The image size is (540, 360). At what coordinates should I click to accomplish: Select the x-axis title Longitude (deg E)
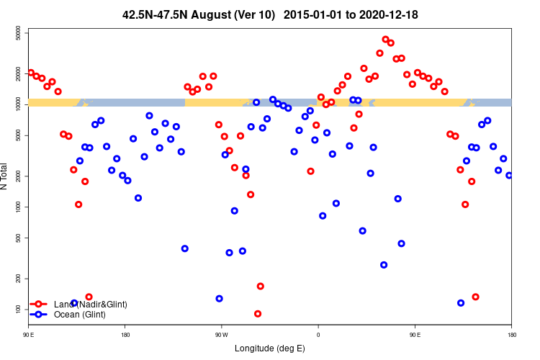point(270,348)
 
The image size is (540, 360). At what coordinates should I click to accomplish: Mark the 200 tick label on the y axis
point(22,278)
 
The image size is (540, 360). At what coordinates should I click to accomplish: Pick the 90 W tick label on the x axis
point(221,335)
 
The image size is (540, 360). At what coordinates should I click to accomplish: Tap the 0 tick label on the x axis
point(318,335)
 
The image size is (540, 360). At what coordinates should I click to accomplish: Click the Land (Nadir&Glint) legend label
point(90,305)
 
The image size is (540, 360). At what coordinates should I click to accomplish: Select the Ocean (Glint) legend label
point(80,315)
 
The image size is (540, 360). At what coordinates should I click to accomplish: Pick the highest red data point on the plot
point(385,40)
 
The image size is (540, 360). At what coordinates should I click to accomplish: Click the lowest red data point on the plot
point(258,314)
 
